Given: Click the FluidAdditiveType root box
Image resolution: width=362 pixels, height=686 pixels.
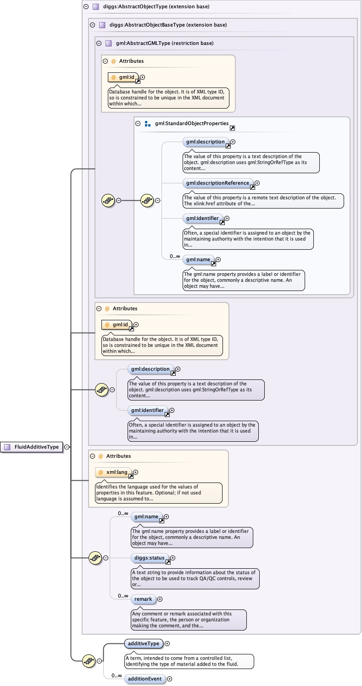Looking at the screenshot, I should pos(32,447).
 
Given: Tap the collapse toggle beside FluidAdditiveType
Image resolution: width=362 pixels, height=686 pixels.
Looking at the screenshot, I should pos(67,447).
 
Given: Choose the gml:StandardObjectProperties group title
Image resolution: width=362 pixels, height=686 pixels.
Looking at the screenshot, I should pos(191,123).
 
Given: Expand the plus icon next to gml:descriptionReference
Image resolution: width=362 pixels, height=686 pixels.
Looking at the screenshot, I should pos(257,183).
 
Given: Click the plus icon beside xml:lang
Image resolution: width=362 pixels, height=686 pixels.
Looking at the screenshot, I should pos(135,472).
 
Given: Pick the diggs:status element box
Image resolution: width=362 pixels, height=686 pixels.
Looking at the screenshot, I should pos(147,558).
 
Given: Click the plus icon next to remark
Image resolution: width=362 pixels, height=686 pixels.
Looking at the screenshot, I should pos(160,599).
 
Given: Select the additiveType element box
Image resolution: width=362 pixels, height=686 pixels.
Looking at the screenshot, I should pos(144,643).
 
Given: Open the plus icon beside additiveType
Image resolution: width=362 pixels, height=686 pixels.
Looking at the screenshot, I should pos(167,643).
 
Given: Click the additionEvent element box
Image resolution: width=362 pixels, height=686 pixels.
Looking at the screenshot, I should pos(145,679).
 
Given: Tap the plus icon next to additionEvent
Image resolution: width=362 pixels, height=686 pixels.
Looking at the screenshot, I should pos(169,679).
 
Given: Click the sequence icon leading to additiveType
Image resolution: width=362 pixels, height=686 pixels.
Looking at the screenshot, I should pos(89,661).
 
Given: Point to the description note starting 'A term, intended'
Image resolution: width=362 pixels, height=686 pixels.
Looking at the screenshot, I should pos(189,661).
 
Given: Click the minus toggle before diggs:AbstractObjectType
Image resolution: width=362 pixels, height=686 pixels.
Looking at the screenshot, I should pos(86,7).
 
